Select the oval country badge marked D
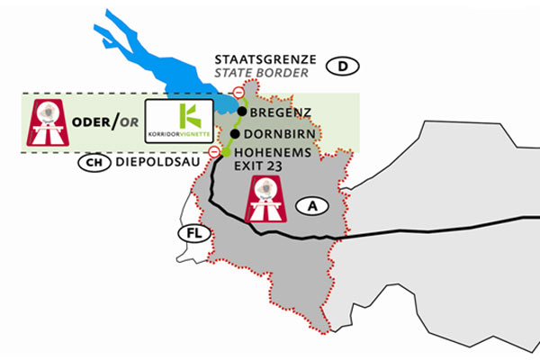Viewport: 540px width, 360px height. click(343, 66)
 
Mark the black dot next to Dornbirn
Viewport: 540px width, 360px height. click(234, 134)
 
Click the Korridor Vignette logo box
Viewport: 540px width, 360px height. click(180, 122)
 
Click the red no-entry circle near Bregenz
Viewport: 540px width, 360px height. click(238, 93)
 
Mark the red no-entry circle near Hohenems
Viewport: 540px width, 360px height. click(214, 152)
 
